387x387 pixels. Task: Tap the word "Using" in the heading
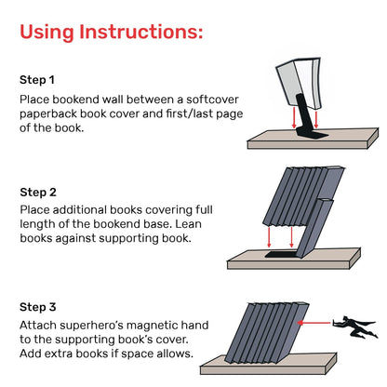[x=49, y=33]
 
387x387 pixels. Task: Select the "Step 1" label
[x=39, y=79]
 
